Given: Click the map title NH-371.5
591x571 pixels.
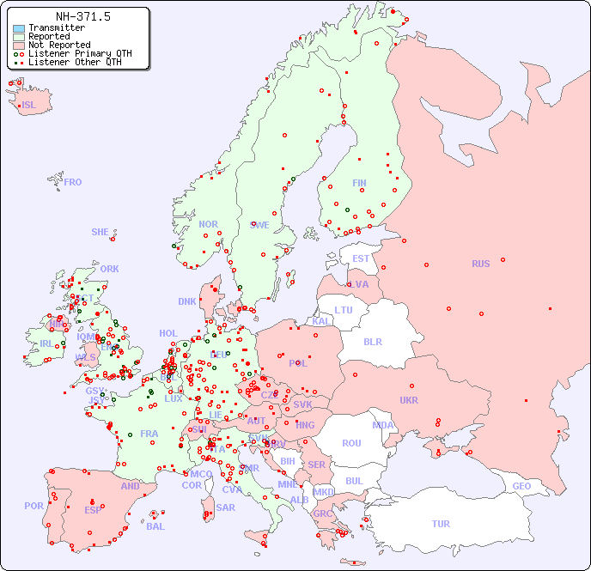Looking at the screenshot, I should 82,16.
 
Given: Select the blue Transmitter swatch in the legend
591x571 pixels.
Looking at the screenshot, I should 19,28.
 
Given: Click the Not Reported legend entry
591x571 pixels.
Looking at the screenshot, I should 58,46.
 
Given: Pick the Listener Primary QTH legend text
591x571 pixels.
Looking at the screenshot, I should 80,53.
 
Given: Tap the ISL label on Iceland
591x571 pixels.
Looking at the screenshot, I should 29,106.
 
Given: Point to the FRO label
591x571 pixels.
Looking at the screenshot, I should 73,182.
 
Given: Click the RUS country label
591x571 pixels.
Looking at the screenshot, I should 480,264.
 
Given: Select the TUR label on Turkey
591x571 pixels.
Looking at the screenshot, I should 440,524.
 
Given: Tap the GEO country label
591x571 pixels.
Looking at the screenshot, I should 521,486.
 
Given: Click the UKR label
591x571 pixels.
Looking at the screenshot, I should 409,400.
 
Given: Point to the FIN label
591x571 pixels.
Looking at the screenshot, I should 359,183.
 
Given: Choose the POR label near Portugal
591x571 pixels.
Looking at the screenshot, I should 34,506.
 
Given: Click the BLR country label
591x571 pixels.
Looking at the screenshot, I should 372,341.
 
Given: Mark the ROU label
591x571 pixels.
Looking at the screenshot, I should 351,443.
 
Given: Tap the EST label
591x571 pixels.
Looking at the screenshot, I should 361,258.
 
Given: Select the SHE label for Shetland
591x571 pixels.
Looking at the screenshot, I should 101,232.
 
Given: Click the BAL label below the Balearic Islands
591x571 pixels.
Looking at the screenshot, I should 155,526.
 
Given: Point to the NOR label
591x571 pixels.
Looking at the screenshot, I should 208,224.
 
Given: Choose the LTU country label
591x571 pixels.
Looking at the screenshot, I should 344,310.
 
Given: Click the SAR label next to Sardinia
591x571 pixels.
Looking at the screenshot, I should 225,507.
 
